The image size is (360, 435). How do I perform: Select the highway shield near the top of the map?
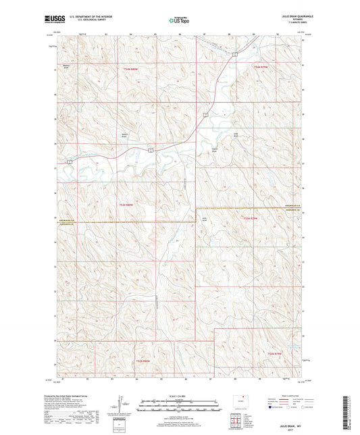tap(234, 53)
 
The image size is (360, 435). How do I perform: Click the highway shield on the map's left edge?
tap(69, 162)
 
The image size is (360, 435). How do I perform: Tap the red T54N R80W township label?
tap(130, 69)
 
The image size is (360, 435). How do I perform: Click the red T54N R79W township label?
tap(261, 67)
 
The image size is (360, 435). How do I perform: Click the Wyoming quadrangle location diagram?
tap(237, 403)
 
